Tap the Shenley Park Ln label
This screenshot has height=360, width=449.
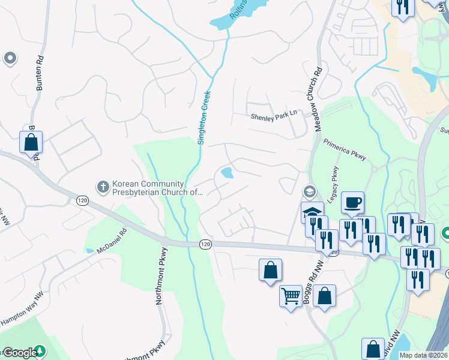274,118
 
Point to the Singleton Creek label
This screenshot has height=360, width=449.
205,118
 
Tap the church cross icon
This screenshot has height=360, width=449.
103,187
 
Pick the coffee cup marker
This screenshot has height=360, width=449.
353,202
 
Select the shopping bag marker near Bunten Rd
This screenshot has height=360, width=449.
31,142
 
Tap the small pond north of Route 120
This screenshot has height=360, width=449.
228,173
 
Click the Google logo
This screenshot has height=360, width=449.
19,353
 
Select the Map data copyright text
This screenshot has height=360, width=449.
423,355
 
